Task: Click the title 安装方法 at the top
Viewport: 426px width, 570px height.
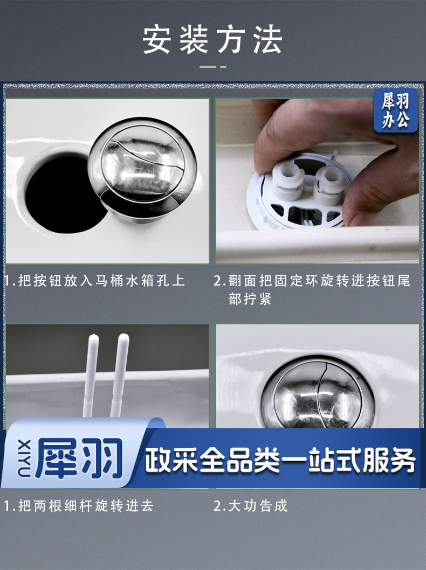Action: click(212, 40)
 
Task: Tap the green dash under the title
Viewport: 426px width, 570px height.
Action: click(213, 67)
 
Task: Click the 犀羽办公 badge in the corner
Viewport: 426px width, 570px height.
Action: click(395, 110)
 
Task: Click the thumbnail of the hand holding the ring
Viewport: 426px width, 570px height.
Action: click(317, 180)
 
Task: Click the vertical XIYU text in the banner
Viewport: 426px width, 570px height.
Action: click(24, 458)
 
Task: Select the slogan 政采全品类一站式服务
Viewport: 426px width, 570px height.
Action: click(280, 461)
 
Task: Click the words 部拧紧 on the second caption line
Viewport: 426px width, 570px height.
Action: click(250, 299)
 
